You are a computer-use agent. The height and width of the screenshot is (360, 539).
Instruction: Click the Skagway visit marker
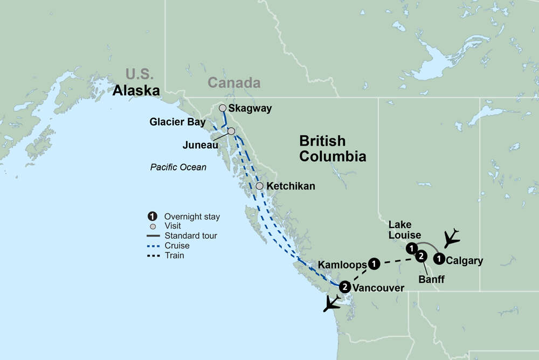(x=223, y=108)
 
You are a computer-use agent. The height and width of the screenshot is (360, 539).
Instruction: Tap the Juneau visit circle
(x=231, y=131)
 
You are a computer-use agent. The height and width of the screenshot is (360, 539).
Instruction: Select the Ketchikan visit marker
(x=260, y=186)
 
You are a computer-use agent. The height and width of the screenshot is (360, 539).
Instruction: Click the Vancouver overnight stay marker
(x=345, y=287)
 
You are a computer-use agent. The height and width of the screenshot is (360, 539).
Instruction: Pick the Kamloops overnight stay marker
(x=375, y=264)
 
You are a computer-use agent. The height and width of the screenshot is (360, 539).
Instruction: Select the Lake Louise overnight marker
(x=411, y=248)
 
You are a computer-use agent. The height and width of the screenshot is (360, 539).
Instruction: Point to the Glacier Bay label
(x=177, y=122)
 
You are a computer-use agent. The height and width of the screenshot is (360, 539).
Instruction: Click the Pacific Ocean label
(x=178, y=167)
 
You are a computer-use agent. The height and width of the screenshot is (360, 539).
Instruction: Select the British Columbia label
(x=333, y=149)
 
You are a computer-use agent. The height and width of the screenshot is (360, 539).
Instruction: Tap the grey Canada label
(x=234, y=83)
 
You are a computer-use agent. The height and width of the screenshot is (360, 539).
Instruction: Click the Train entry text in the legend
(x=174, y=255)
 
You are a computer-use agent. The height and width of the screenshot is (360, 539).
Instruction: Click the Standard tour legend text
(x=191, y=236)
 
